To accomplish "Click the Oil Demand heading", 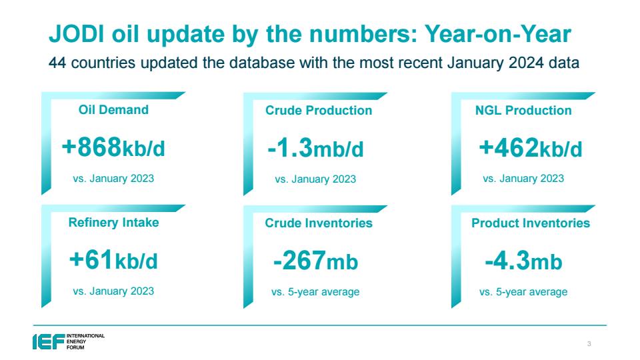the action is point(113,110).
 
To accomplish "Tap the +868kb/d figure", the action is point(113,147).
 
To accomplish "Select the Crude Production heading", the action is point(319,110).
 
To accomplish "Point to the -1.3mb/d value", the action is point(315,148).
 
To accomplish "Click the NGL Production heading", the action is point(523,110).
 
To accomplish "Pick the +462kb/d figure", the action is point(531,148).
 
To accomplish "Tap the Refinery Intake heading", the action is point(113,223).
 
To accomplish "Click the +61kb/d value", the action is point(113,260).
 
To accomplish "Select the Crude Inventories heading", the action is point(319,223).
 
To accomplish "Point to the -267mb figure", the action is point(315,261).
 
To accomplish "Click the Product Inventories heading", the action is point(531,223).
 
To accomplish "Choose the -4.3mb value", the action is point(524,261).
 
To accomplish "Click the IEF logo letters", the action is point(49,341).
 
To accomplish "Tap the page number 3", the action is point(589,344).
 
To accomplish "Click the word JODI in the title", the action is point(76,33).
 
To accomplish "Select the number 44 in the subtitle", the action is point(57,63).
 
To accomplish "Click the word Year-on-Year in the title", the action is point(498,33).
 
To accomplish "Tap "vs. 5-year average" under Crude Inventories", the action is point(315,292).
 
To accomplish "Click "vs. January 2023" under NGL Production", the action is point(523,179).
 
